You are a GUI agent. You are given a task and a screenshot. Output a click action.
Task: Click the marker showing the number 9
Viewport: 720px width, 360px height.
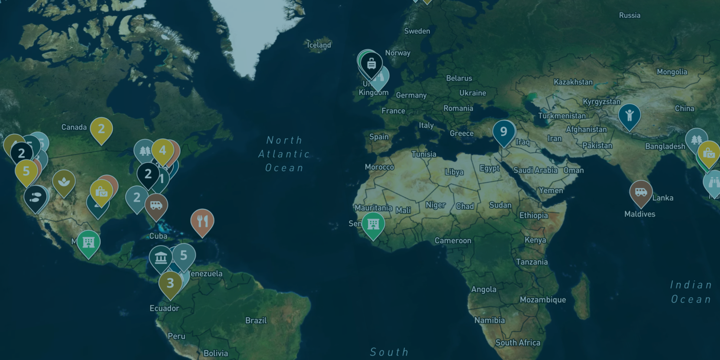[x=504, y=131]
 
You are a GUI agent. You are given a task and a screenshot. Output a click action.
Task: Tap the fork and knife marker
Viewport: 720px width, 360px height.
[x=202, y=221]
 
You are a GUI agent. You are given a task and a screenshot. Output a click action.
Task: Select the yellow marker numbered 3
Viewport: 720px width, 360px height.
[x=170, y=283]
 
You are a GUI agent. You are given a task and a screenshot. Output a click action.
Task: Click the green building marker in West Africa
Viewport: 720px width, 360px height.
[x=373, y=224]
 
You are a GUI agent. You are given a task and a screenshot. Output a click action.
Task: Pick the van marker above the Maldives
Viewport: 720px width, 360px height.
[x=641, y=192]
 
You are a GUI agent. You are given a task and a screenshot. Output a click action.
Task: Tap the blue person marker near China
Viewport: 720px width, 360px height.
[x=629, y=115]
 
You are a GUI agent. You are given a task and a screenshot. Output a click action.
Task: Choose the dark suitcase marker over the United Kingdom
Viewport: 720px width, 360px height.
[x=372, y=63]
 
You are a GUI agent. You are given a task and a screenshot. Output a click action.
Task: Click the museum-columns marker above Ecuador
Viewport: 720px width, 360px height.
[x=161, y=258]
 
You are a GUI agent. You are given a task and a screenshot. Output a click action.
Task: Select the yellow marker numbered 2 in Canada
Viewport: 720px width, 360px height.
[x=101, y=129]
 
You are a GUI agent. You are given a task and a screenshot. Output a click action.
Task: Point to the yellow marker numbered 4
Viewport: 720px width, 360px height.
[x=163, y=150]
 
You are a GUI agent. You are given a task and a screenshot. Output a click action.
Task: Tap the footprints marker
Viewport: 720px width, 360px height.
[x=36, y=197]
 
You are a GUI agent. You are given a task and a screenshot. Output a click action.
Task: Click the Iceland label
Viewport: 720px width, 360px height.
[x=319, y=45]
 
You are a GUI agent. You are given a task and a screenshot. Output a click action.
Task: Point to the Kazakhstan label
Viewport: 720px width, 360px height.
[x=573, y=82]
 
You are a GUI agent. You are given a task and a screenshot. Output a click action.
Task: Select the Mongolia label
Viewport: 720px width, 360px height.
[x=672, y=72]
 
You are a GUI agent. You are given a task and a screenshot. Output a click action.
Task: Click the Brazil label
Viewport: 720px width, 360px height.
[x=256, y=320]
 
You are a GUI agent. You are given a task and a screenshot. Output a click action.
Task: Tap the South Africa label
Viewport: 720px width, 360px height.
[x=518, y=343]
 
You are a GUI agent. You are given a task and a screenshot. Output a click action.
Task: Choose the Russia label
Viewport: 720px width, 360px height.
[x=629, y=15]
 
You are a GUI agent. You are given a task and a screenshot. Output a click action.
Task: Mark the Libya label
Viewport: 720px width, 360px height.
[x=454, y=172]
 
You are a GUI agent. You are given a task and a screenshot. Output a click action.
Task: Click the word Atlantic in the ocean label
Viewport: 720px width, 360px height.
[x=284, y=154]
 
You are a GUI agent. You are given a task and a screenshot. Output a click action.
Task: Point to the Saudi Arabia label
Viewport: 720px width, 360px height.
[x=535, y=170]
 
